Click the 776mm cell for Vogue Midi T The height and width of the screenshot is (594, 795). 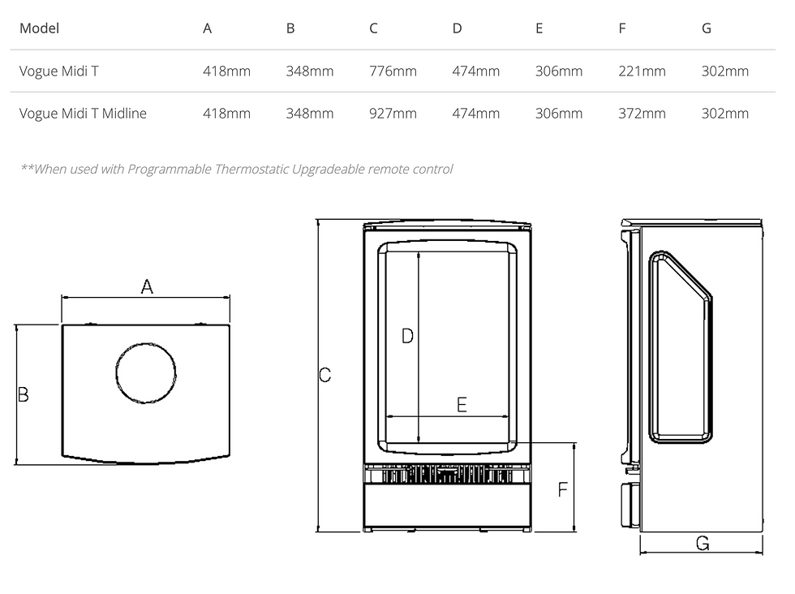(x=393, y=71)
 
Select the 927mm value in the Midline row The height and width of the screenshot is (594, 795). (x=393, y=113)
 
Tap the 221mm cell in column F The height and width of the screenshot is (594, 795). (x=642, y=71)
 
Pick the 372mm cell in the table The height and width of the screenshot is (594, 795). (x=642, y=113)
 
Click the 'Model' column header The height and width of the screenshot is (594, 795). (x=39, y=28)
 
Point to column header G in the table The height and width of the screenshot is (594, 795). (x=707, y=28)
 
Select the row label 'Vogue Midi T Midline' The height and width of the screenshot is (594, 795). (x=83, y=113)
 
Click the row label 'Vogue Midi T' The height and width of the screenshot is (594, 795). (x=58, y=71)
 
